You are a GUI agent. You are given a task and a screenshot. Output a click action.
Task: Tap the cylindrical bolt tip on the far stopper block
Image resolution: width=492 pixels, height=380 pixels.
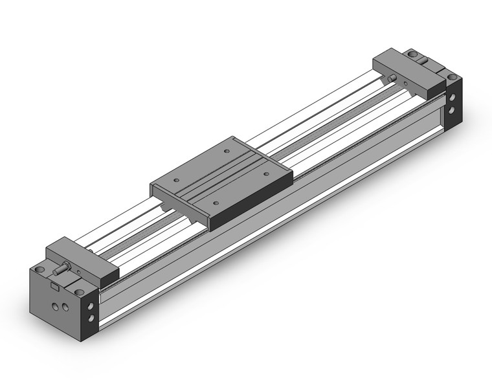pos(392,78)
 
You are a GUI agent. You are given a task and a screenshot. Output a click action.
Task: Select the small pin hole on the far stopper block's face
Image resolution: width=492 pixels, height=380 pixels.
pos(405,83)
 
